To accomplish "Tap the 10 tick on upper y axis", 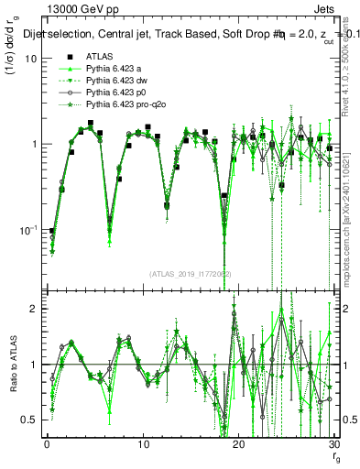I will click(31, 59).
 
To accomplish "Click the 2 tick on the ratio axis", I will click(34, 309).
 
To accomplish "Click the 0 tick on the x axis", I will click(47, 445).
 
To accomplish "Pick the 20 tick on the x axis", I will click(238, 445).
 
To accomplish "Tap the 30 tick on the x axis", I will click(333, 445).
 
